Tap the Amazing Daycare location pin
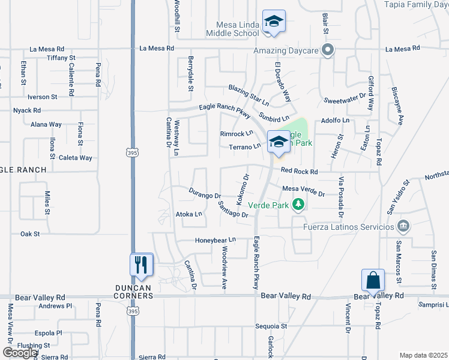[327, 50]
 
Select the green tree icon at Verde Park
[298, 205]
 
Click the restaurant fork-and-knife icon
[141, 265]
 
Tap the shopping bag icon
[373, 281]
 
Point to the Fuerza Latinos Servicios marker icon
[403, 226]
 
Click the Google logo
[20, 353]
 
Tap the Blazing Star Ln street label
[249, 96]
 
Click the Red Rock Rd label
[299, 172]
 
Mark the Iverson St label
[42, 96]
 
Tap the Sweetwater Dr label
[345, 97]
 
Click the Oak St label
[30, 234]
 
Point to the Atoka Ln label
[188, 214]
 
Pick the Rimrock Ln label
[237, 134]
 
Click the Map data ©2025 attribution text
[423, 355]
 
